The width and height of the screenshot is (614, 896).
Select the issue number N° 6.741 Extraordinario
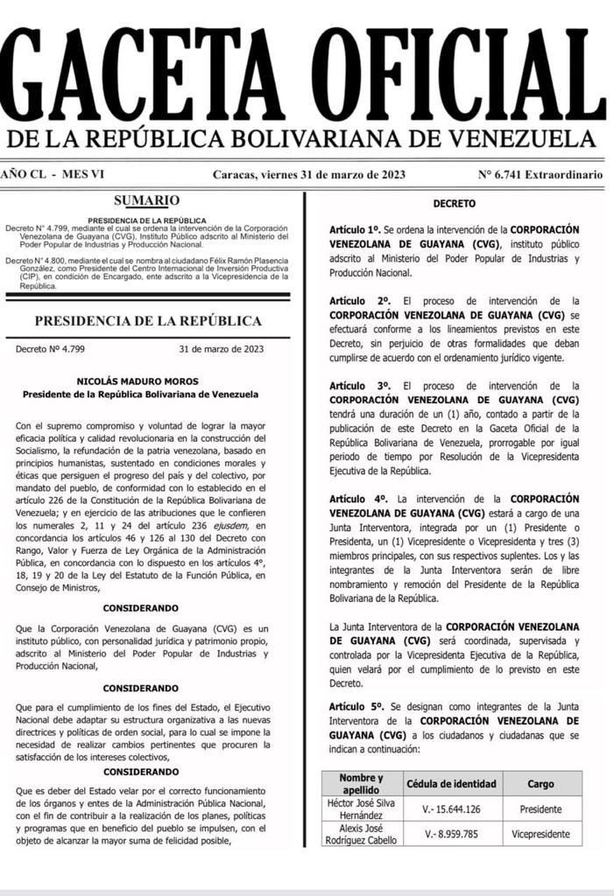(x=540, y=175)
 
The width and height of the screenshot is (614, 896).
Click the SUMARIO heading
(x=146, y=200)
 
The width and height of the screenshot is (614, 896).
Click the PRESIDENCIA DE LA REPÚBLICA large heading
(x=146, y=320)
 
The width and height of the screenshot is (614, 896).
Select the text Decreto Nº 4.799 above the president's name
(x=50, y=349)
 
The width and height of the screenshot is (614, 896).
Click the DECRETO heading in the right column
(x=454, y=204)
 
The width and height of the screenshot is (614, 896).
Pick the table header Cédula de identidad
(x=451, y=784)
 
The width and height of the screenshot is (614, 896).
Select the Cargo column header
(x=540, y=784)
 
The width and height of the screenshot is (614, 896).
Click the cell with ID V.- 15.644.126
(x=451, y=809)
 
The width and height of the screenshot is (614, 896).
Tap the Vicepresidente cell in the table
(x=540, y=834)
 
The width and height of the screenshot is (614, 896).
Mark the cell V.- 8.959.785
(x=451, y=834)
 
